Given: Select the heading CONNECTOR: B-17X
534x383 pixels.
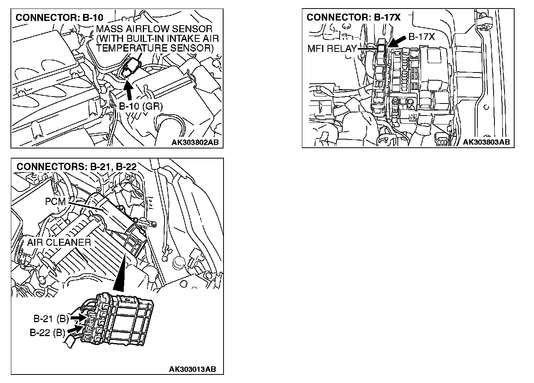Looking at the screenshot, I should (x=353, y=17).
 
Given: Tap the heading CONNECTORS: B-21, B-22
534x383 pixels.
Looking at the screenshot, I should (x=76, y=166).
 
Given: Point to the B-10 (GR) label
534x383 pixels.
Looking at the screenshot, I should (x=140, y=106).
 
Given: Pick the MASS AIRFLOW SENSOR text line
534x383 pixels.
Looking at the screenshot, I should (x=154, y=29).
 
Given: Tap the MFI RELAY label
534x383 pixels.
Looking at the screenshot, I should (x=331, y=49).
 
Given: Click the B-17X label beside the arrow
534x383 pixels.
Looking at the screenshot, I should (x=421, y=37).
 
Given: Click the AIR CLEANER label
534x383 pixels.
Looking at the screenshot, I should (x=59, y=242).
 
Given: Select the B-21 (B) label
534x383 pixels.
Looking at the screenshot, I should (x=51, y=319).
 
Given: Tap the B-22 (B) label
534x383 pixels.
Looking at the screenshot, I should (x=47, y=333).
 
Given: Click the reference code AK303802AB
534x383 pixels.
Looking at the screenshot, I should (x=195, y=142).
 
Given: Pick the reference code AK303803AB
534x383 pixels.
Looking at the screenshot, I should (x=486, y=142).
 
